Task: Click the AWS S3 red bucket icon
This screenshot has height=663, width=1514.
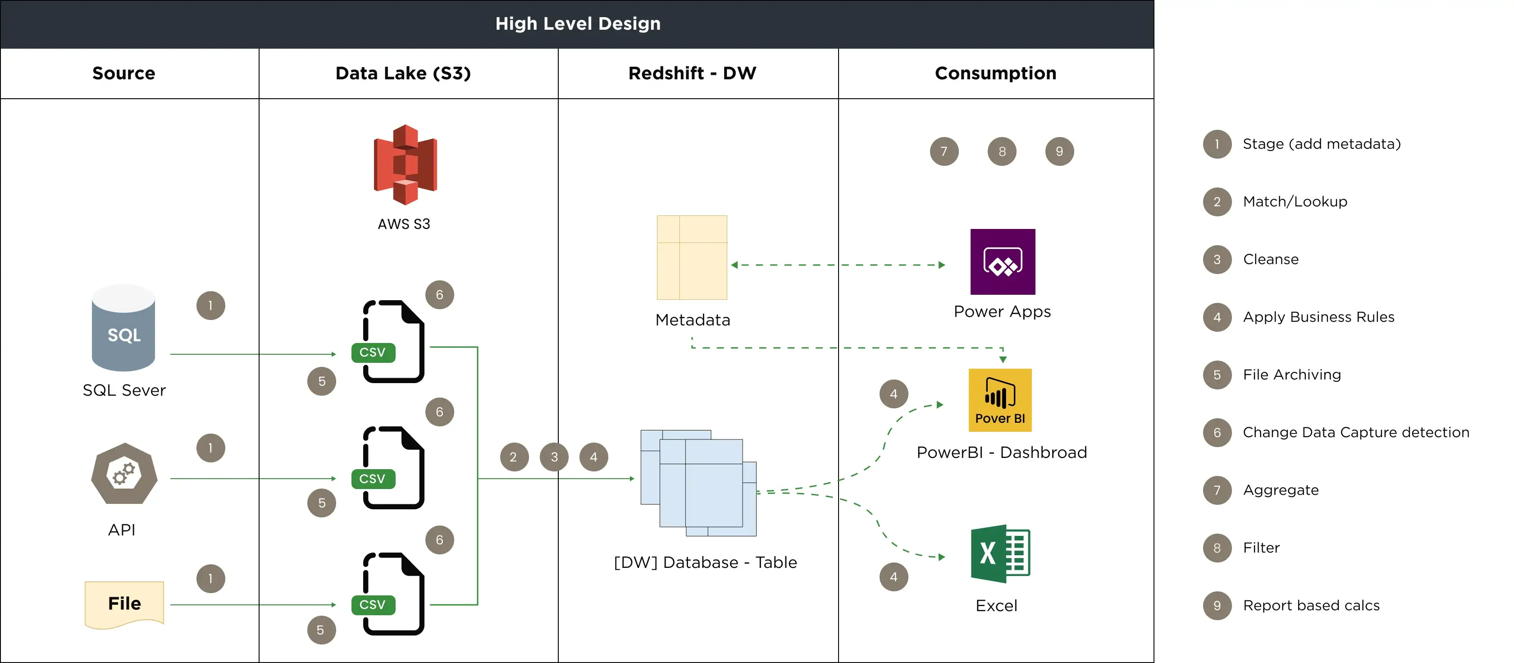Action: pos(405,165)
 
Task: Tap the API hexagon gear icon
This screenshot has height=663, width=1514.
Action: pos(124,474)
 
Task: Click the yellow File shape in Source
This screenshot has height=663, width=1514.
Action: pos(124,604)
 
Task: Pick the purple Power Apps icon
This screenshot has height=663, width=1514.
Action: pos(1002,261)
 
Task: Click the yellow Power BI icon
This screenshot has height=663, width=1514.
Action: pos(1000,400)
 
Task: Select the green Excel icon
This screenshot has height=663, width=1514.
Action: pos(1000,553)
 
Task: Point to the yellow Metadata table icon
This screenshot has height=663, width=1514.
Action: pos(692,257)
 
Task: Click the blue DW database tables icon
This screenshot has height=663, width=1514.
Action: pos(698,483)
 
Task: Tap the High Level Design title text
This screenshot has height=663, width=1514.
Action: pos(578,23)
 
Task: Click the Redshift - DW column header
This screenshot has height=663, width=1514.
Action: pos(692,73)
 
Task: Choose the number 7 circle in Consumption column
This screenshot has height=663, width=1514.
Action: pos(944,151)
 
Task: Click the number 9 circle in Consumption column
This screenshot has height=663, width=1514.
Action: pos(1059,151)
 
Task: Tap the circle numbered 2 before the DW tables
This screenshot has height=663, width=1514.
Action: pos(514,457)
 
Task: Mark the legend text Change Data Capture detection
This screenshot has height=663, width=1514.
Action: pos(1355,433)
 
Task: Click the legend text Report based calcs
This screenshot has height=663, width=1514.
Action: pos(1311,605)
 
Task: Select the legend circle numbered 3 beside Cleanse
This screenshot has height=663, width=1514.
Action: pos(1217,260)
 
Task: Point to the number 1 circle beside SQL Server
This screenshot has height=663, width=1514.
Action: pos(210,306)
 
